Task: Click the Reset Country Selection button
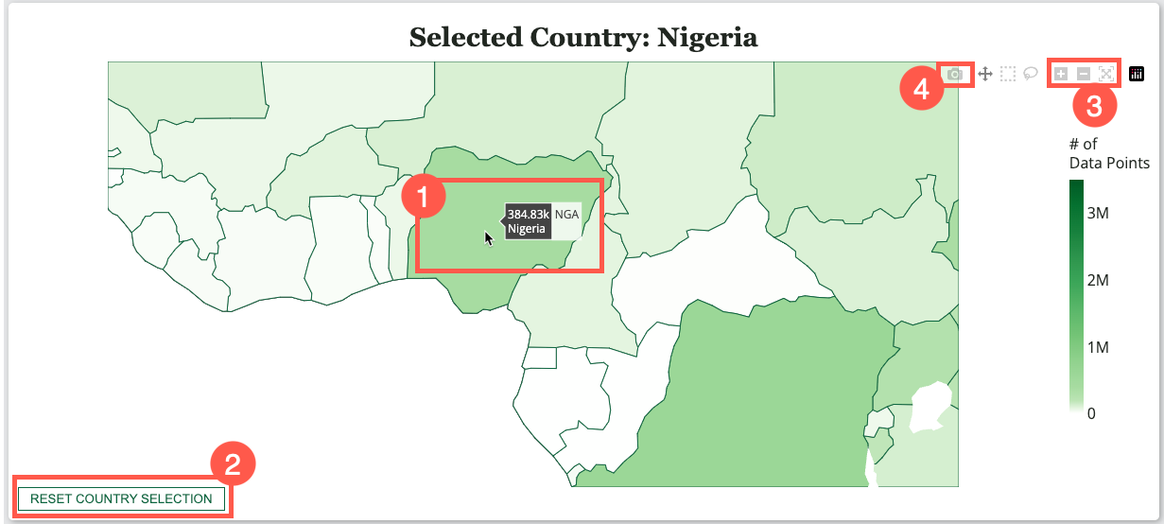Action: click(121, 498)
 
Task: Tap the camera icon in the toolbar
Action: click(955, 74)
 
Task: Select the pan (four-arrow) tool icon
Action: click(984, 74)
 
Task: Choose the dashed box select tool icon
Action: click(1008, 74)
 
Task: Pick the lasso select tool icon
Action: click(1031, 73)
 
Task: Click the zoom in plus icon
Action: click(1061, 74)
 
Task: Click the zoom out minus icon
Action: click(1084, 74)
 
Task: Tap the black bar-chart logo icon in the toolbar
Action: click(1137, 74)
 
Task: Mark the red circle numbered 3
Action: click(1094, 106)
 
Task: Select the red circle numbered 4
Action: click(917, 91)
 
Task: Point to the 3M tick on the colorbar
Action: click(1097, 214)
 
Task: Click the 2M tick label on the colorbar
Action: click(1097, 281)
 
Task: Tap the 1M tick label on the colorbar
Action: click(1097, 348)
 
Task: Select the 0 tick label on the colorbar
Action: click(1092, 413)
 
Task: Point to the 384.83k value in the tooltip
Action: click(529, 215)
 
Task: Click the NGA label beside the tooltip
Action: click(566, 215)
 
